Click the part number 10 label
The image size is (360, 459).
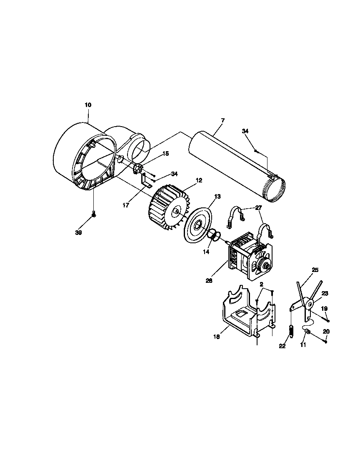pos(88,105)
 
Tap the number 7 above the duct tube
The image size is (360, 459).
pos(222,120)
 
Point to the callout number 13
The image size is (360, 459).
pos(217,196)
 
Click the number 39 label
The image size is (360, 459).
pos(78,233)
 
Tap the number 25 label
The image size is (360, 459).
pos(315,270)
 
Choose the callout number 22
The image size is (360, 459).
pos(282,346)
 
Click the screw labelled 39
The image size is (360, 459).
pos(94,215)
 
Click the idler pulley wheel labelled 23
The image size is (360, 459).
pos(310,304)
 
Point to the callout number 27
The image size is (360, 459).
pos(258,207)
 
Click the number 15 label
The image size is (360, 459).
pos(166,154)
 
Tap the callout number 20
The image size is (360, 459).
pos(326,332)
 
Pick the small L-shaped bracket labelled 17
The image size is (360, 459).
pos(145,182)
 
